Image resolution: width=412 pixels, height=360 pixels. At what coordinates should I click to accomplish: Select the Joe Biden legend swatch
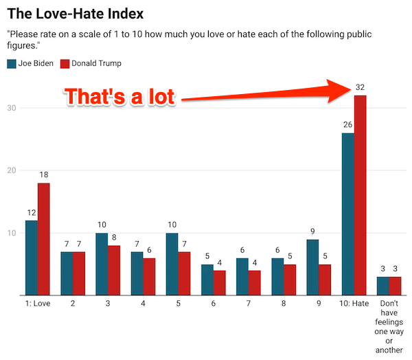11,64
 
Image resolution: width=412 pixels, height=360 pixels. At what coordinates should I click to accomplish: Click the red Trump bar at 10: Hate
360,195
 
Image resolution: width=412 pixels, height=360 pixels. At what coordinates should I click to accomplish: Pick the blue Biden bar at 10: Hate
348,214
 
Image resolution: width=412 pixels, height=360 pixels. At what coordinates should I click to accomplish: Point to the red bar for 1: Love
43,239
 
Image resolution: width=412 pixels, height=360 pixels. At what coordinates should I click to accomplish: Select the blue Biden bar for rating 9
313,267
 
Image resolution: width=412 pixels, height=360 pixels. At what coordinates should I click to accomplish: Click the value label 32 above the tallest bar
360,87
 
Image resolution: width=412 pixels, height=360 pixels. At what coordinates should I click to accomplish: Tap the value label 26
348,124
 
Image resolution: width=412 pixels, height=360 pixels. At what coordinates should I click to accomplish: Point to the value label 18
43,175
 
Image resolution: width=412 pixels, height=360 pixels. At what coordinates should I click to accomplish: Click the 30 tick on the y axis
12,108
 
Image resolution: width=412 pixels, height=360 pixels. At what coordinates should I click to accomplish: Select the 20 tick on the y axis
12,170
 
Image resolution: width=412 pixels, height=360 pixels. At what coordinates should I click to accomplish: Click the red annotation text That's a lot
120,97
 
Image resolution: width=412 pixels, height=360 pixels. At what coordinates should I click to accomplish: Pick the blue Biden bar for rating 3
102,264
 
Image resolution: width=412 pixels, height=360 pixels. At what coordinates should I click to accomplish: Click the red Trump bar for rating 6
219,282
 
